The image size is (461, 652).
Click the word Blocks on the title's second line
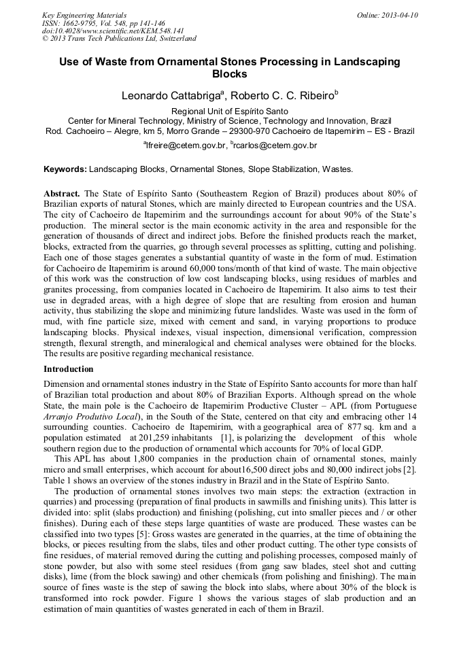point(230,74)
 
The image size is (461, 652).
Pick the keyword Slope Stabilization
point(279,169)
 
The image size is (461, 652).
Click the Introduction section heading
point(69,369)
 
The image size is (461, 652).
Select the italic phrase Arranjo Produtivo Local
point(90,417)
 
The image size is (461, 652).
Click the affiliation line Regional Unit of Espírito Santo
point(230,111)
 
